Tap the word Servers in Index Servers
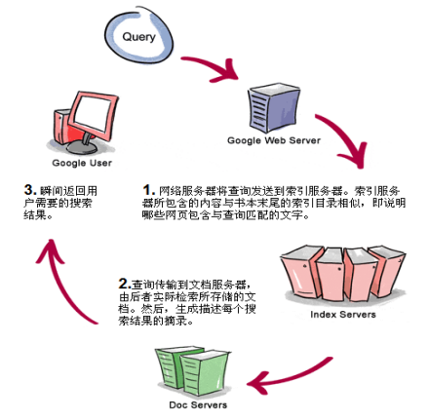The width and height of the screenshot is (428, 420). [357, 315]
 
